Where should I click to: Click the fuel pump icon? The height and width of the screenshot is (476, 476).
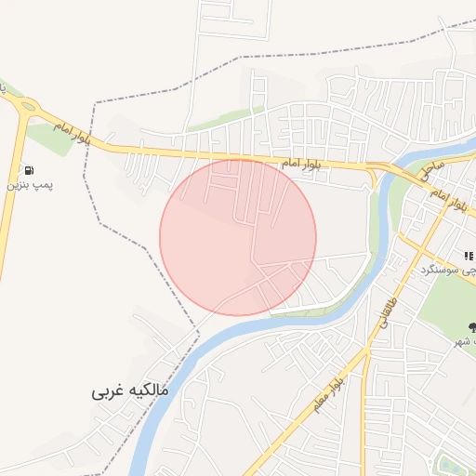(32, 170)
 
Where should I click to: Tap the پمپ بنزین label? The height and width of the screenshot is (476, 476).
(32, 186)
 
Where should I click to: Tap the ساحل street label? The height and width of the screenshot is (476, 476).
(432, 168)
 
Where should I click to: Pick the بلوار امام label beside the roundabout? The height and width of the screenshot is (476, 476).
(72, 132)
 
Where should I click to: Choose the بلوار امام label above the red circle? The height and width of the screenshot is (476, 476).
(301, 164)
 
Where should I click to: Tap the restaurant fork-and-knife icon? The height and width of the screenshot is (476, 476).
(469, 255)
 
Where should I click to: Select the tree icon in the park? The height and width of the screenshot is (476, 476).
(472, 326)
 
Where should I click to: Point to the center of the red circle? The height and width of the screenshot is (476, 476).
(238, 237)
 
